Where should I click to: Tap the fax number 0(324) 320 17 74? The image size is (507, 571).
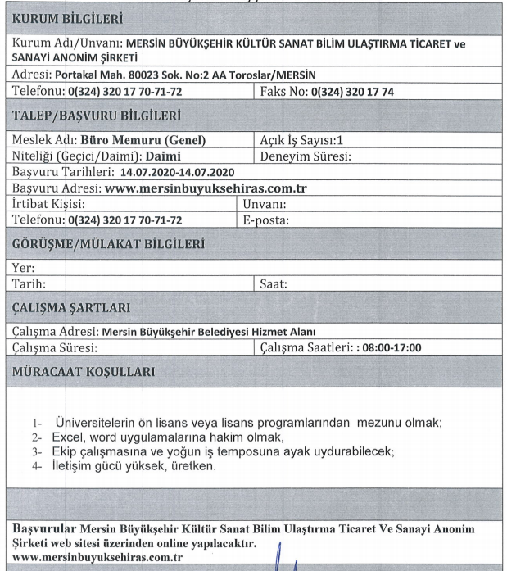tap(352, 92)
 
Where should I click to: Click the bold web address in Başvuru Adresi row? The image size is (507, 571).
tap(208, 188)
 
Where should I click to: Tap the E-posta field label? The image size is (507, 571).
tap(267, 220)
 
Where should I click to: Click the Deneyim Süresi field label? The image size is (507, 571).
tap(306, 156)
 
